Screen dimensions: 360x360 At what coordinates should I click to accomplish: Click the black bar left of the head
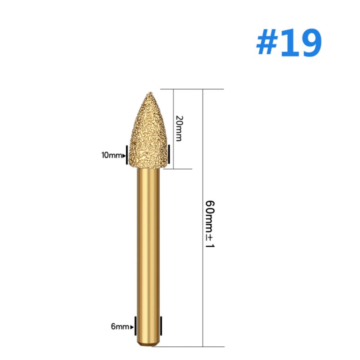pyautogui.click(x=127, y=155)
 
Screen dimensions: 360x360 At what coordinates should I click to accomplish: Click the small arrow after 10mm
pyautogui.click(x=124, y=156)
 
